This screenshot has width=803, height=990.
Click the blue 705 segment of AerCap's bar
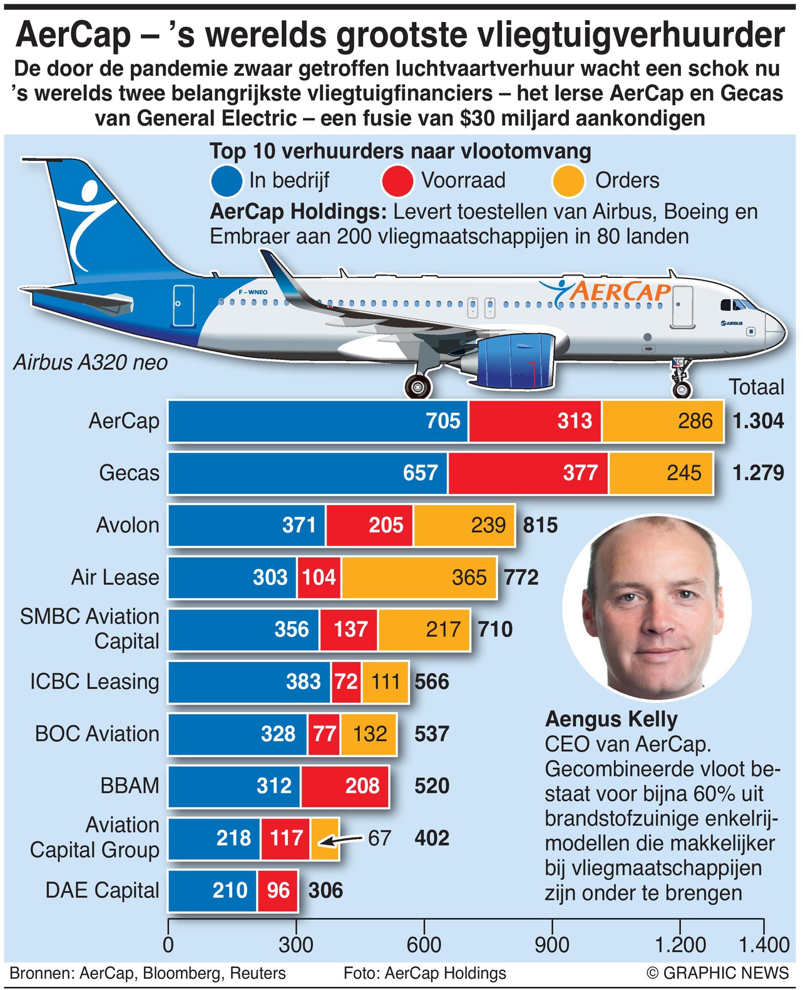pyautogui.click(x=318, y=421)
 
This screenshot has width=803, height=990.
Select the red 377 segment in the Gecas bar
pyautogui.click(x=528, y=473)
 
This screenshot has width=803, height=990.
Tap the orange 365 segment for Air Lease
pyautogui.click(x=419, y=577)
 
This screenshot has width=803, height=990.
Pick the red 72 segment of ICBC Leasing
pyautogui.click(x=346, y=681)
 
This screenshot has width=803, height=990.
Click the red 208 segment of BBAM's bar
pyautogui.click(x=345, y=785)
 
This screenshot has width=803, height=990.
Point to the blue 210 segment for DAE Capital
pyautogui.click(x=213, y=890)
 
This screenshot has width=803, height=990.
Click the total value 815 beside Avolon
pyautogui.click(x=540, y=525)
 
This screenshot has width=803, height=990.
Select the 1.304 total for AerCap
pyautogui.click(x=758, y=421)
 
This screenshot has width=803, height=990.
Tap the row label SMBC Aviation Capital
pyautogui.click(x=90, y=629)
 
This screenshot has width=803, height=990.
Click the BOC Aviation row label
pyautogui.click(x=97, y=733)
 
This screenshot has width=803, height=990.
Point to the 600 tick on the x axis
pyautogui.click(x=424, y=944)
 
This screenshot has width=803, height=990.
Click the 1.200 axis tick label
pyautogui.click(x=680, y=944)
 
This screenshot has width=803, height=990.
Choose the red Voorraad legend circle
pyautogui.click(x=397, y=181)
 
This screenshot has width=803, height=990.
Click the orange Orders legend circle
pyautogui.click(x=568, y=181)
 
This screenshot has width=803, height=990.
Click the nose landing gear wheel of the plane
pyautogui.click(x=682, y=389)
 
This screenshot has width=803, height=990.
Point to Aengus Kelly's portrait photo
pyautogui.click(x=657, y=608)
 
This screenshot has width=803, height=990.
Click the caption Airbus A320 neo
pyautogui.click(x=91, y=362)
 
